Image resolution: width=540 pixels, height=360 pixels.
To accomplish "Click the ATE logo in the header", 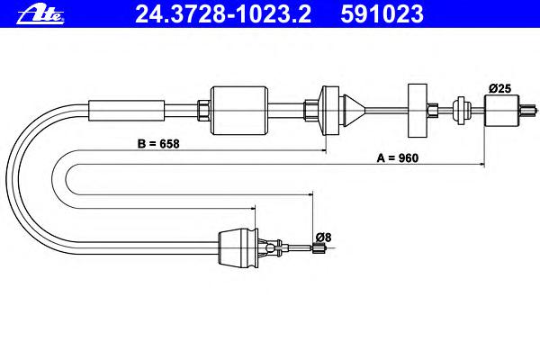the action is [40, 15].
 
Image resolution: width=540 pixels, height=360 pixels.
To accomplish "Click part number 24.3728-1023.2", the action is [223, 14].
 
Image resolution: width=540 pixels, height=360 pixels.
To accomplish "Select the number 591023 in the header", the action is [382, 14].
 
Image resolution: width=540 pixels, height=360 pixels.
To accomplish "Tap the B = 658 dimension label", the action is [158, 144].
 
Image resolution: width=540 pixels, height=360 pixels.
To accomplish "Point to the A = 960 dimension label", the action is [398, 158].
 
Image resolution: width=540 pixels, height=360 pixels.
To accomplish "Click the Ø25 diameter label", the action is [500, 88].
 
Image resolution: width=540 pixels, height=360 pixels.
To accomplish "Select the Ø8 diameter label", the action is [323, 238].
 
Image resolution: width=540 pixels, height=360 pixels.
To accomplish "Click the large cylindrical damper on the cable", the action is [239, 110].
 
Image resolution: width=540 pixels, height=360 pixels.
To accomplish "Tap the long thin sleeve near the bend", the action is [126, 111].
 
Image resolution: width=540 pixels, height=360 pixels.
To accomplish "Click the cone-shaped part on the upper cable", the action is [354, 110].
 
